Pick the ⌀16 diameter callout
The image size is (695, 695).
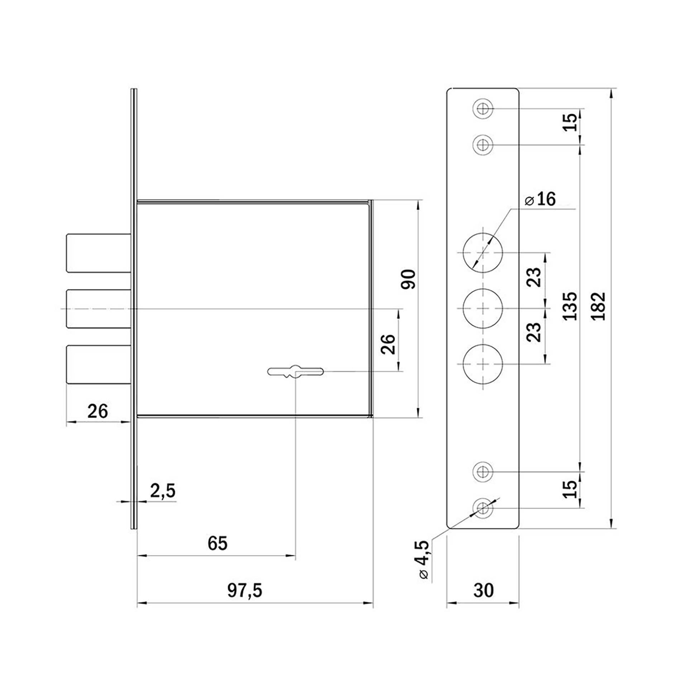click(x=540, y=199)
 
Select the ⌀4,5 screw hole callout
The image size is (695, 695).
click(x=424, y=560)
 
